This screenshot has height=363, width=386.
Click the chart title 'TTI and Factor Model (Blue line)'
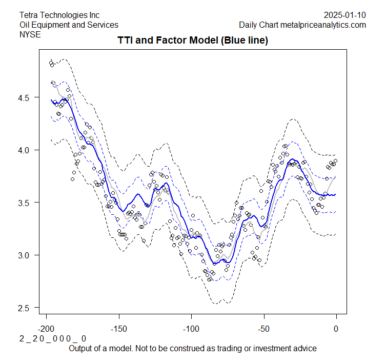tap(193, 40)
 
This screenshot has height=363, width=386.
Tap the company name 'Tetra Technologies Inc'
tap(59, 15)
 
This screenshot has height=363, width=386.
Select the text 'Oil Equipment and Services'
tap(69, 25)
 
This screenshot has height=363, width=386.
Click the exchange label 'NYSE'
tap(30, 34)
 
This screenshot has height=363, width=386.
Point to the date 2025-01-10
tap(345, 15)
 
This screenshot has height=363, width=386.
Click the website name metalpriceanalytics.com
tap(322, 25)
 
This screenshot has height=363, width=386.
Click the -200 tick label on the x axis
tap(47, 329)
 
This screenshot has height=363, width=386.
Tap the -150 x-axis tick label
tap(119, 329)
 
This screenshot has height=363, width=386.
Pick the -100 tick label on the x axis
tap(191, 329)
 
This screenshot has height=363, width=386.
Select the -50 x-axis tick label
tap(263, 329)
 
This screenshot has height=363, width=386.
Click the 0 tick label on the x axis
tap(336, 329)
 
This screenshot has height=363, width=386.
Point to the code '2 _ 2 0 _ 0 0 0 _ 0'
tap(53, 339)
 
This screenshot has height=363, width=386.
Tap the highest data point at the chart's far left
tap(51, 63)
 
